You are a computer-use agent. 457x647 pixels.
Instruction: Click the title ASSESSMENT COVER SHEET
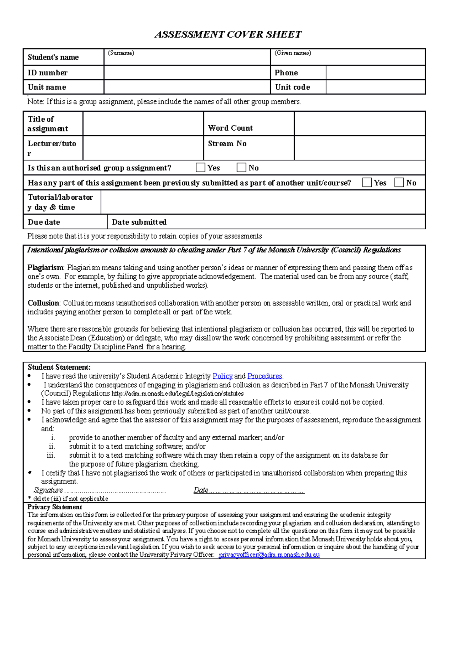pyautogui.click(x=228, y=35)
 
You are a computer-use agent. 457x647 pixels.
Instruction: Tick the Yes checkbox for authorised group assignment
pyautogui.click(x=200, y=167)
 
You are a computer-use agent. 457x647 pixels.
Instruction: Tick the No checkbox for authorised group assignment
pyautogui.click(x=241, y=167)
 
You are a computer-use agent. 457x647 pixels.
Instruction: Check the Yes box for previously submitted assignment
pyautogui.click(x=367, y=183)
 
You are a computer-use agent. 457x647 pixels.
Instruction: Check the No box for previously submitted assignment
pyautogui.click(x=399, y=183)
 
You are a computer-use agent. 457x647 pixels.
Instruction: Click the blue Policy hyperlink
pyautogui.click(x=222, y=376)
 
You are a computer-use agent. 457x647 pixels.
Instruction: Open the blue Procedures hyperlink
pyautogui.click(x=265, y=376)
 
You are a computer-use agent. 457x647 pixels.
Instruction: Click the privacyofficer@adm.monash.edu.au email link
pyautogui.click(x=269, y=555)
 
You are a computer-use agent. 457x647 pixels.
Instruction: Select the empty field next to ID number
pyautogui.click(x=187, y=72)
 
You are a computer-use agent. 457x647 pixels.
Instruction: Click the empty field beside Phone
pyautogui.click(x=375, y=72)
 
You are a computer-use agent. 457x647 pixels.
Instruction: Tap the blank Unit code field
pyautogui.click(x=375, y=87)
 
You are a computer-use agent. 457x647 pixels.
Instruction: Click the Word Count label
pyautogui.click(x=230, y=128)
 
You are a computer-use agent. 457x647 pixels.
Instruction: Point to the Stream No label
pyautogui.click(x=227, y=144)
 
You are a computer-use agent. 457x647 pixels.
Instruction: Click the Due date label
pyautogui.click(x=44, y=222)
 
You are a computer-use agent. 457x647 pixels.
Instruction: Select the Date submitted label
pyautogui.click(x=139, y=222)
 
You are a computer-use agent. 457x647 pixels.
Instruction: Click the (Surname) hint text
pyautogui.click(x=121, y=53)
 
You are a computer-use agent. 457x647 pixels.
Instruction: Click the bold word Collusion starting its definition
pyautogui.click(x=43, y=303)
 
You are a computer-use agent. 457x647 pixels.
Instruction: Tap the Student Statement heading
pyautogui.click(x=59, y=367)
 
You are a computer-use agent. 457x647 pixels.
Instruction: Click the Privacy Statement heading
pyautogui.click(x=54, y=507)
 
